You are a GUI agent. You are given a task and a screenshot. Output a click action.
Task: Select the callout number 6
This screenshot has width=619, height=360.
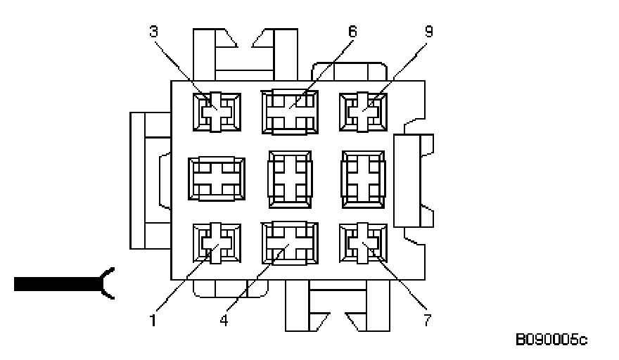[x=352, y=32]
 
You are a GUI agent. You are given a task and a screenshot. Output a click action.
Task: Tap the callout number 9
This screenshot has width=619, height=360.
[x=428, y=32]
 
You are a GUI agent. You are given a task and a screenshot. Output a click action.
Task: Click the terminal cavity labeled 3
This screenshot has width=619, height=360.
[x=216, y=112]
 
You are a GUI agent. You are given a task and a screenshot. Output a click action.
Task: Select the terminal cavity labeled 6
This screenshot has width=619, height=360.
[x=288, y=112]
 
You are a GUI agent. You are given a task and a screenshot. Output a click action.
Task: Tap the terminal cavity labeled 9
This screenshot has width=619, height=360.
[x=363, y=112]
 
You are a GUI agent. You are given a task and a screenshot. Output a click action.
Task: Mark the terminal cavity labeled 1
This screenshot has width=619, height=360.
[x=216, y=243]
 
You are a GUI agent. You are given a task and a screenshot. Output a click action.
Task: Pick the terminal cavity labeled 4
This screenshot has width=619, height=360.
[x=288, y=243]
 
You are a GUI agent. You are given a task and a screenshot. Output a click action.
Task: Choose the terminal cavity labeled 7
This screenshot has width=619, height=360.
[x=363, y=243]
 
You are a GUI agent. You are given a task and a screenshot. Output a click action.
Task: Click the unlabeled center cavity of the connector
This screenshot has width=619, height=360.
[x=289, y=179]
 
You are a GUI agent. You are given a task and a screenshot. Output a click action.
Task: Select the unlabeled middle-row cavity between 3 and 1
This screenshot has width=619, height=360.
[x=217, y=179]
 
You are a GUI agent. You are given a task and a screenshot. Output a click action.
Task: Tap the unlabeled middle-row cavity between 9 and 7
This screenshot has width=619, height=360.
[x=363, y=179]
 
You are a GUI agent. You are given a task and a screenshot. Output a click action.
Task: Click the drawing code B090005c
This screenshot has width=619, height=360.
[x=551, y=341]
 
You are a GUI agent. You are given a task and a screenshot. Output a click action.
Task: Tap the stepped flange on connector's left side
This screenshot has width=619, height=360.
[x=148, y=180]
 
